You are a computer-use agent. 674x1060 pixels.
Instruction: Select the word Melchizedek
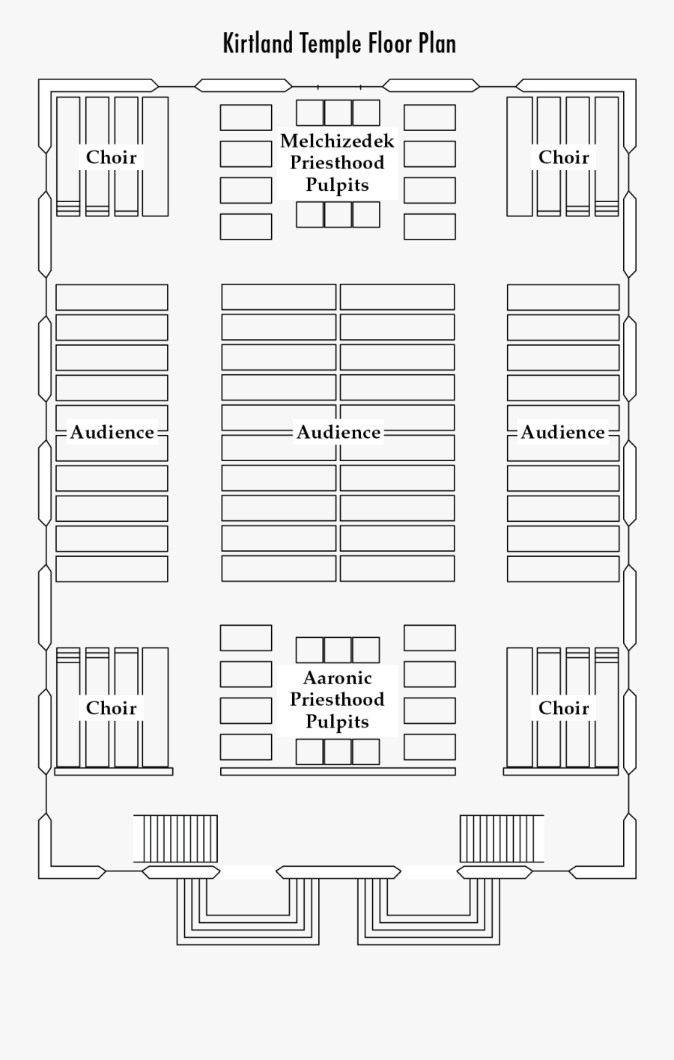337,141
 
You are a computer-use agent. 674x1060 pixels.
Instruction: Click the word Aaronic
337,678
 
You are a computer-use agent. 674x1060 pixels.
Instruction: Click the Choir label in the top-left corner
112,157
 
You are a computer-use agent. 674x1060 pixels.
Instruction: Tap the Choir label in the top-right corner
564,157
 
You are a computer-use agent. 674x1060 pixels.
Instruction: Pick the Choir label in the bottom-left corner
112,708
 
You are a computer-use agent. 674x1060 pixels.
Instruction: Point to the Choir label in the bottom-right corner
564,708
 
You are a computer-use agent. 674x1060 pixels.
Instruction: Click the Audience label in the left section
112,432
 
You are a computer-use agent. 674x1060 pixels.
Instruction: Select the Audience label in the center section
338,432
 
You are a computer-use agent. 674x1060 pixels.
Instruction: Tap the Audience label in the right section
563,432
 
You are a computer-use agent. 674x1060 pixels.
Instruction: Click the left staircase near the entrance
176,838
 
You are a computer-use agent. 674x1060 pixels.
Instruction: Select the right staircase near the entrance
501,838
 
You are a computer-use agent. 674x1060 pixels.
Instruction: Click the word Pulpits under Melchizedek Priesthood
337,185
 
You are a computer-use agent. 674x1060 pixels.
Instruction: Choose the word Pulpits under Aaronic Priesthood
337,722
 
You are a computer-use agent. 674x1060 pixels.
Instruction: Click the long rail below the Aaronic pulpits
338,771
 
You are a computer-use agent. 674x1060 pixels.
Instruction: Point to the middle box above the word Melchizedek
338,112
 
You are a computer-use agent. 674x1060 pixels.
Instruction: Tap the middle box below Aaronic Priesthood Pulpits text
338,751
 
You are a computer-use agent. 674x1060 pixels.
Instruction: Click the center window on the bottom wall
338,871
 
